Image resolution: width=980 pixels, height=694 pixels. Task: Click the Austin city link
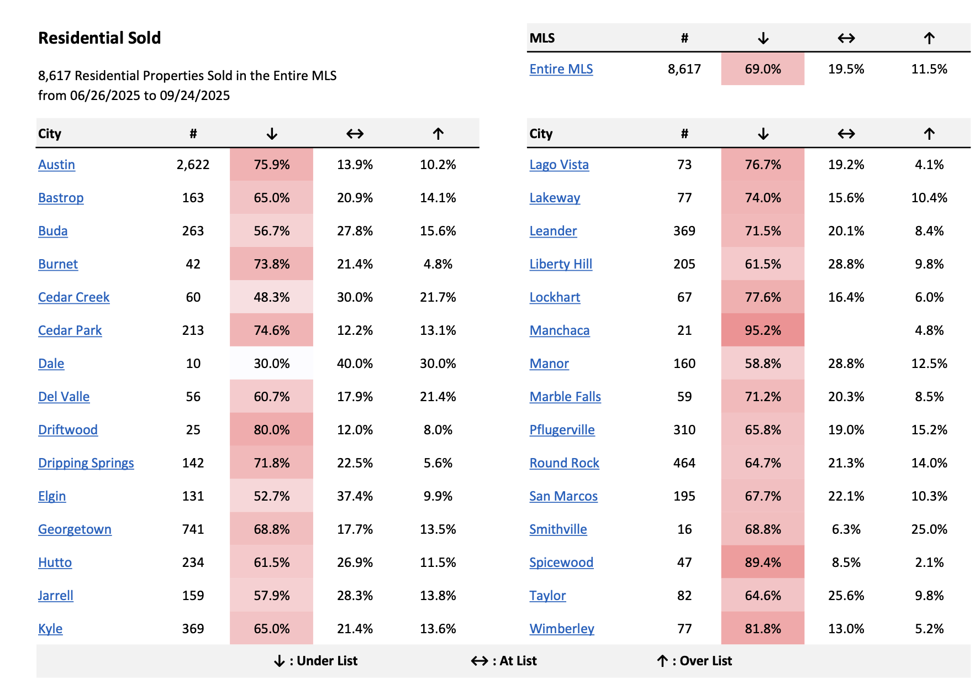(x=56, y=165)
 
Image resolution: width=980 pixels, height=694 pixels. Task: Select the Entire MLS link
(x=561, y=69)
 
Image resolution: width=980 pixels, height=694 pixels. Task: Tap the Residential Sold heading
(x=99, y=38)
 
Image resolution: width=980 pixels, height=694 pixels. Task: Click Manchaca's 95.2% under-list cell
(x=762, y=330)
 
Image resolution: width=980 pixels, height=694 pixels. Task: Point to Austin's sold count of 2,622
(x=193, y=165)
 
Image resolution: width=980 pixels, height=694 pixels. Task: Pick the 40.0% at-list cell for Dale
(x=355, y=364)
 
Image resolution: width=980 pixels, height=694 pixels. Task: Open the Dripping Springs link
(x=86, y=463)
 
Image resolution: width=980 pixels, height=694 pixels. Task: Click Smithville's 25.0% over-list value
(x=929, y=529)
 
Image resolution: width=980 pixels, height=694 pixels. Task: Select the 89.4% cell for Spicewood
(x=762, y=562)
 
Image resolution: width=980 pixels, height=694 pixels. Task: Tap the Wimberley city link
(x=561, y=629)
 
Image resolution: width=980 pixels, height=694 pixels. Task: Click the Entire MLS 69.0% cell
(x=762, y=69)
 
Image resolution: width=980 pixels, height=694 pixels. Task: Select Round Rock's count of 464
(x=684, y=463)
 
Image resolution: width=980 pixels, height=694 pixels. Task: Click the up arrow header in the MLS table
(x=929, y=38)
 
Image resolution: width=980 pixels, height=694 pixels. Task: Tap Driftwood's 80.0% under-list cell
(x=271, y=430)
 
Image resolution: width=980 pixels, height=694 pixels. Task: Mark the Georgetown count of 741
(x=193, y=529)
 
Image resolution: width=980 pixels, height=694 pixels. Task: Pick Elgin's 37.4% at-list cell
(x=355, y=496)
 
